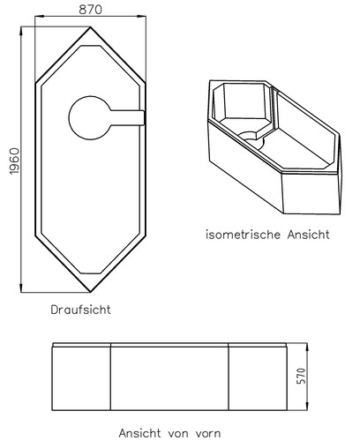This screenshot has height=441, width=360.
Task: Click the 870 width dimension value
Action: point(90,10)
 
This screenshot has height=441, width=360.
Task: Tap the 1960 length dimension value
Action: point(14,161)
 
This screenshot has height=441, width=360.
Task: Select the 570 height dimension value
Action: point(301,376)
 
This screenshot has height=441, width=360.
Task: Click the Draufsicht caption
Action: point(80,310)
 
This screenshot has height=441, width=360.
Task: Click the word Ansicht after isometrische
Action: point(309,235)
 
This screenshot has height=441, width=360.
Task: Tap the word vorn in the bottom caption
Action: point(207,433)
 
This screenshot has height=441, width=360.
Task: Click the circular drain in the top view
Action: point(89,117)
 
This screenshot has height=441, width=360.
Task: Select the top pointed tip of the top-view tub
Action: point(90,27)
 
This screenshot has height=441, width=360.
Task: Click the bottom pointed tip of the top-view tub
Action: point(90,292)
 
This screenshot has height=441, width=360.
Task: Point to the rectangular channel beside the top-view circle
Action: point(127,117)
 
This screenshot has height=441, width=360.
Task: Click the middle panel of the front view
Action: point(169,378)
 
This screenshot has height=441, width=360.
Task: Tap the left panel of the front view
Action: point(81,378)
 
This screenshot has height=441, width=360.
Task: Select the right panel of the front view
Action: point(258,378)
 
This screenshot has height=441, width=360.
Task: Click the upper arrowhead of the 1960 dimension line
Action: point(21,30)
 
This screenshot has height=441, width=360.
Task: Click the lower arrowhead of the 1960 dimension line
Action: point(21,288)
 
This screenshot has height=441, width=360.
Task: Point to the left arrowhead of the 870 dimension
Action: point(39,17)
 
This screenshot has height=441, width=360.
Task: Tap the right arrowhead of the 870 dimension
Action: point(142,17)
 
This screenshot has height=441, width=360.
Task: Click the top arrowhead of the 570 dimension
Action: point(307,347)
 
